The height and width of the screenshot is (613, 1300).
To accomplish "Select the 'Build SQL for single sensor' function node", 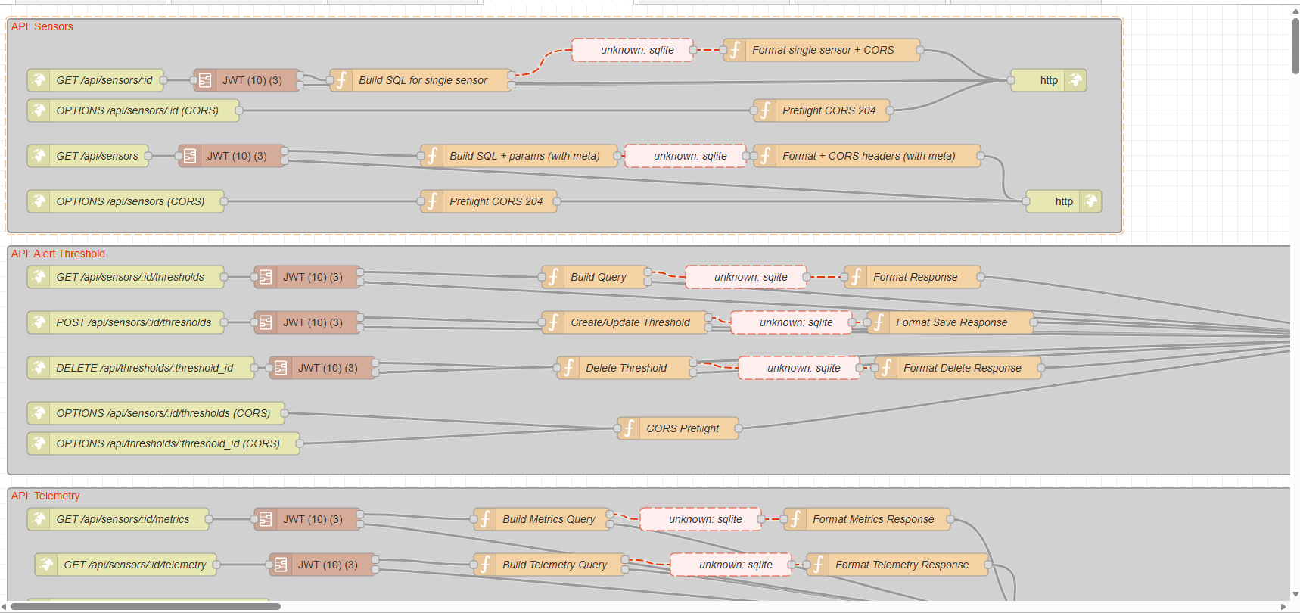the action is [x=421, y=80].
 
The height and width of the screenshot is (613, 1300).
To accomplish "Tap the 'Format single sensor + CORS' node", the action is [x=822, y=50].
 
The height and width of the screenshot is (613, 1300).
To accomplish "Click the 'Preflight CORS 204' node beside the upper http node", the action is [x=822, y=110].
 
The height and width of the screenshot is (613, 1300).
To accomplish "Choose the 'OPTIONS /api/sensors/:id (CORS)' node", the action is [x=133, y=110].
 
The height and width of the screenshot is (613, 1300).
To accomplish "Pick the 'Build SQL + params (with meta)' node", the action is [x=519, y=156].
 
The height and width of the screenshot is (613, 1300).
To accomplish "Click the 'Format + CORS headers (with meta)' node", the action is [x=867, y=156].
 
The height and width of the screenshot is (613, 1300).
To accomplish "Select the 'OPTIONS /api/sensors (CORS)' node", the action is [x=126, y=201].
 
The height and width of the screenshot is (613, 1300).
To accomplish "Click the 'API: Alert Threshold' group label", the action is [x=58, y=254].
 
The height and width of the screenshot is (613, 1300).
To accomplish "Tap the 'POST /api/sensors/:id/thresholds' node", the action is [x=126, y=322].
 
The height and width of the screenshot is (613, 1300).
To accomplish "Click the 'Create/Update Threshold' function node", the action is [x=625, y=322].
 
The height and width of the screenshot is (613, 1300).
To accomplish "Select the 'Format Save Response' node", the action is [x=950, y=322].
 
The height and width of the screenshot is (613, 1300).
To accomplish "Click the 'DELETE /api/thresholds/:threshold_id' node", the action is [x=141, y=368].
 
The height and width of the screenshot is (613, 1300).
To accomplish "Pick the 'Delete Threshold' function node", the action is [x=625, y=368].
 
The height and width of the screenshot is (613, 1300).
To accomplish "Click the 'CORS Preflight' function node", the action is [x=678, y=428].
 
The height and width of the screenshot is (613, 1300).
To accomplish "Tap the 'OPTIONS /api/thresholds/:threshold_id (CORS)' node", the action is [x=163, y=443].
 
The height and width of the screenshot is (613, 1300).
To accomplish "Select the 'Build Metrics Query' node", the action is [x=542, y=519].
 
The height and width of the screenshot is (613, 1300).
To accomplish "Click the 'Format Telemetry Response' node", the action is [x=897, y=565].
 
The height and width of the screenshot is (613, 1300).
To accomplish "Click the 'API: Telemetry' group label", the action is [x=45, y=496].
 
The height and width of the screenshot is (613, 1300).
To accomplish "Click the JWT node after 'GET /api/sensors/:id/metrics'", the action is [x=307, y=519].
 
